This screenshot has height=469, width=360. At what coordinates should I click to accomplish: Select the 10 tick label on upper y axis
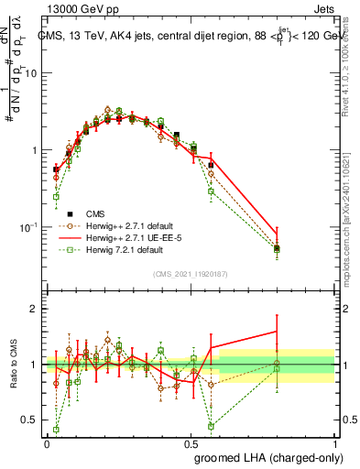[31, 73]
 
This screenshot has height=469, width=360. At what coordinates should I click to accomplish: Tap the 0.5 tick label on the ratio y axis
[31, 420]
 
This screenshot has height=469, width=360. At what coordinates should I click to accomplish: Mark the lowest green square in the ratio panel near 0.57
[211, 426]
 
